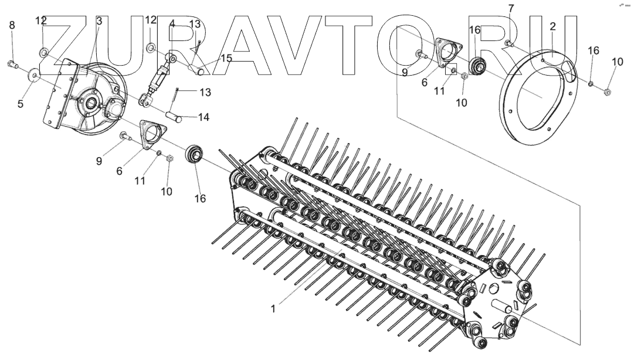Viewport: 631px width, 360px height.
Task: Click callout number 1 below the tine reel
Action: [x=273, y=308]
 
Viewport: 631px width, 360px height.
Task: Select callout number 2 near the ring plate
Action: [x=552, y=27]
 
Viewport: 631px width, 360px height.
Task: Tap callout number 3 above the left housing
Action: [x=99, y=21]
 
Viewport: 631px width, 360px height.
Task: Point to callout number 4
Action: [x=172, y=24]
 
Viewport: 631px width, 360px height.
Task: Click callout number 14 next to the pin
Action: [x=203, y=117]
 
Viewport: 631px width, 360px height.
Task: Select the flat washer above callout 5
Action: [x=34, y=74]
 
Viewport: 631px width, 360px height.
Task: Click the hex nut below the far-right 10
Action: [x=608, y=91]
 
